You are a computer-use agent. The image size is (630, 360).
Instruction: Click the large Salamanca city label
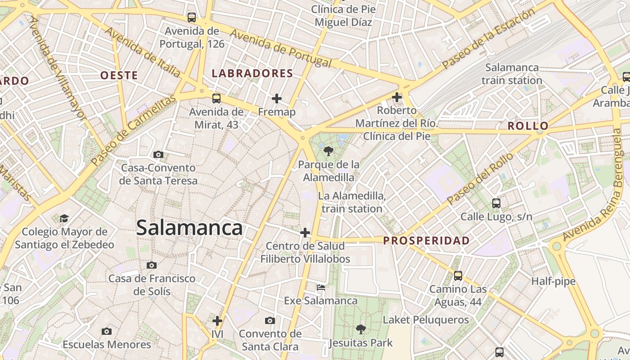[x=189, y=228]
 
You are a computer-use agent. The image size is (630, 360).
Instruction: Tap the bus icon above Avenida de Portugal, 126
[x=192, y=18]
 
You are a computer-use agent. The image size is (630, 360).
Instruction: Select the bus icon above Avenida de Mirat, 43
[x=216, y=98]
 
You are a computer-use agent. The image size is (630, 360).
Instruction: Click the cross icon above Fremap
[x=277, y=98]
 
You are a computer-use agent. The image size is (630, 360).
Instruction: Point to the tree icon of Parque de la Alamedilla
[x=328, y=151]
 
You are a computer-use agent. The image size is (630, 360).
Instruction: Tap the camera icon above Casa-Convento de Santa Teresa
[x=158, y=154]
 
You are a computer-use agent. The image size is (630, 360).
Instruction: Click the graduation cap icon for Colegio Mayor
[x=64, y=218]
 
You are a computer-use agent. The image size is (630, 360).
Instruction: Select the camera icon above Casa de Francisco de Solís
[x=152, y=265]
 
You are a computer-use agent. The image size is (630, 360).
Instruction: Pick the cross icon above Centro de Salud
[x=305, y=233]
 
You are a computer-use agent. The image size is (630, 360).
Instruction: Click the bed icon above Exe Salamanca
[x=320, y=287]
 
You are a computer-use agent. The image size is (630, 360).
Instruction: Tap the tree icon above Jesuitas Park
[x=360, y=329]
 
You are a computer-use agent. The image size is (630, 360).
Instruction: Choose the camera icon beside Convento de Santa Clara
[x=270, y=320]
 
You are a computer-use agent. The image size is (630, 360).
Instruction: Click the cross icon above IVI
[x=217, y=321]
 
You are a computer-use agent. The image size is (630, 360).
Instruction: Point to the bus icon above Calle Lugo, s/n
[x=496, y=203]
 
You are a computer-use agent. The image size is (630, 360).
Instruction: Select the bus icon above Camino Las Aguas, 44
[x=458, y=275]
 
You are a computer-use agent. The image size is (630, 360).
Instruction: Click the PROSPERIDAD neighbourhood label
[x=426, y=241]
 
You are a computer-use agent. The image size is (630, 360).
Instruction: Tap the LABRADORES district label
[x=252, y=73]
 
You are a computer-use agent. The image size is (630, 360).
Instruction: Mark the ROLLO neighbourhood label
[x=528, y=126]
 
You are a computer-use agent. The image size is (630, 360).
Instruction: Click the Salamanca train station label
[x=512, y=74]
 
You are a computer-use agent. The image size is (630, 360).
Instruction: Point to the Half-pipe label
[x=553, y=281]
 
